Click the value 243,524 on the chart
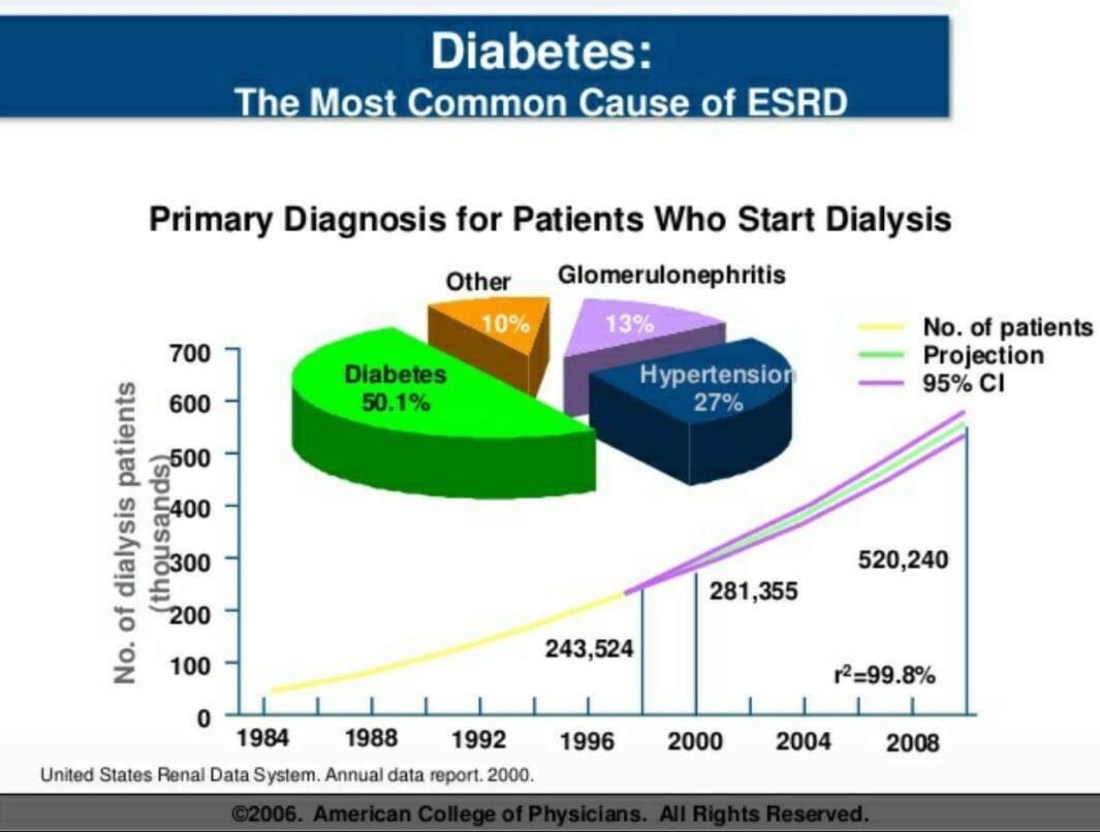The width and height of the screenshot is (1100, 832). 589,649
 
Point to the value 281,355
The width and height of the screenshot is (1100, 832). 754,591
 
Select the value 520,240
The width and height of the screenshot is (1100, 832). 903,561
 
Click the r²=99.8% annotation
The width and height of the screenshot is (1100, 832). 884,676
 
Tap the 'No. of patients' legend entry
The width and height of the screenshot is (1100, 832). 1007,327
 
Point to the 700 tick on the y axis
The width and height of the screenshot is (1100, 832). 190,352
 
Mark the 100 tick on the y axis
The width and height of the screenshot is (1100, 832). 190,664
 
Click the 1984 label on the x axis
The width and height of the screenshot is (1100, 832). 262,741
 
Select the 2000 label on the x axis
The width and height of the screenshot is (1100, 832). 695,741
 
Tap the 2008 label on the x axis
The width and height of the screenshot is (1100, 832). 912,742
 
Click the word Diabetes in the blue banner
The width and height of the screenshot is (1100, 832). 541,51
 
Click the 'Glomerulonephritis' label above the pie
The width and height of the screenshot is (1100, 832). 671,275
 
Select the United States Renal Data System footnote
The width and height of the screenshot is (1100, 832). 288,775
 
